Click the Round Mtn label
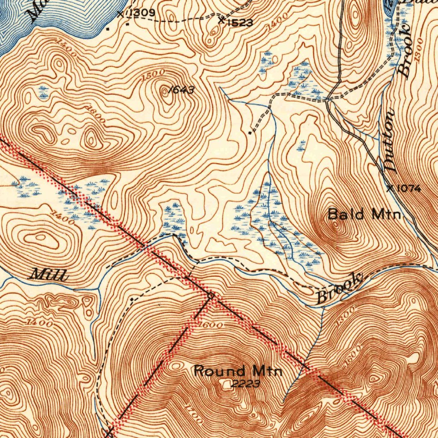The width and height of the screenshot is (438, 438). [x=238, y=370]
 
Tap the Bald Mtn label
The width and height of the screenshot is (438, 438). [x=364, y=214]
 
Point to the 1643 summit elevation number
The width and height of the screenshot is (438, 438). [x=181, y=90]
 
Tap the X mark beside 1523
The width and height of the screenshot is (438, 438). [x=221, y=20]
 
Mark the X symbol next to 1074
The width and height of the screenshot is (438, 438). [x=390, y=188]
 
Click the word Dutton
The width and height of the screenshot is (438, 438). [x=390, y=141]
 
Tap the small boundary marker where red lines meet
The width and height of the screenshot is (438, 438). [x=210, y=295]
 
